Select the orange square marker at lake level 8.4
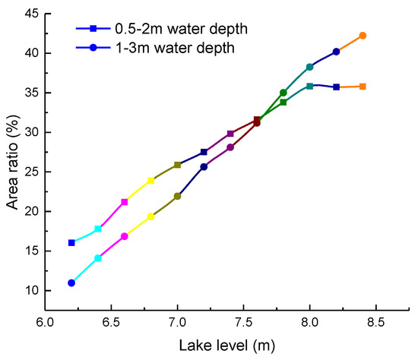[x=363, y=87]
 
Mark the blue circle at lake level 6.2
[x=71, y=283]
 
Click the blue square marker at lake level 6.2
[x=71, y=242]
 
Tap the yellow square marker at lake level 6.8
[x=151, y=180]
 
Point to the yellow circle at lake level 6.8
[x=151, y=216]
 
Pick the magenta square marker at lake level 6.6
[x=125, y=201]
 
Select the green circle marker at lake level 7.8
[x=283, y=93]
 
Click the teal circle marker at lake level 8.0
[x=310, y=67]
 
